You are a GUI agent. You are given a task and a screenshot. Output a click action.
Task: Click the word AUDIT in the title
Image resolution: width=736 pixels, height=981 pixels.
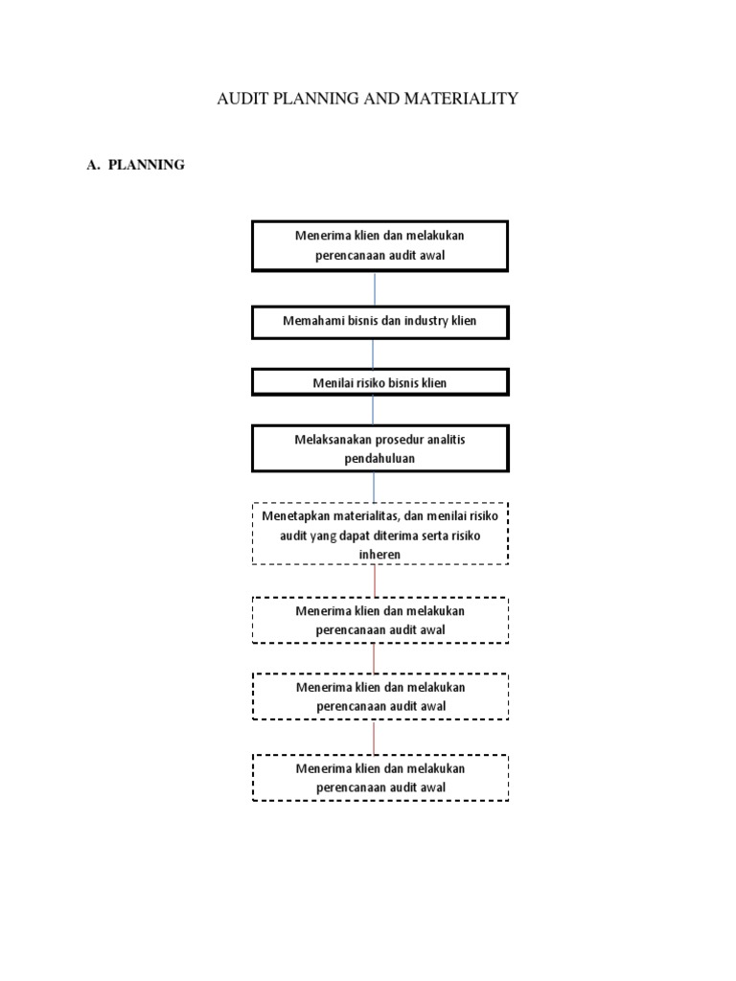tap(241, 98)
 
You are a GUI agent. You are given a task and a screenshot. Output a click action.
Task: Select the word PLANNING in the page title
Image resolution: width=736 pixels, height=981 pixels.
tap(319, 98)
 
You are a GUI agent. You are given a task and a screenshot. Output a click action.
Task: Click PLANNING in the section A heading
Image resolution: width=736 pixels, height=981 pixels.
tap(147, 165)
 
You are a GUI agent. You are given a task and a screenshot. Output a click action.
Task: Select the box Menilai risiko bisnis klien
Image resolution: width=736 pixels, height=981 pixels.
tap(379, 382)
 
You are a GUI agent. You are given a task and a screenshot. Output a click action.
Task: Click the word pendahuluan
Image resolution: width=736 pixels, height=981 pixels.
tap(380, 458)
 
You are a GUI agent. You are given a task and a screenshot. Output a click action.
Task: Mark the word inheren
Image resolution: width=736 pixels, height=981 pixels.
tap(380, 555)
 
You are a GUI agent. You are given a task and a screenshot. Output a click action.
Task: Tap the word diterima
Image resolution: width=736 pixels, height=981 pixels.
tap(396, 536)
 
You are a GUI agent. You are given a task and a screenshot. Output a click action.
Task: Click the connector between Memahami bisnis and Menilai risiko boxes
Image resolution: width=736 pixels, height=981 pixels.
tap(374, 354)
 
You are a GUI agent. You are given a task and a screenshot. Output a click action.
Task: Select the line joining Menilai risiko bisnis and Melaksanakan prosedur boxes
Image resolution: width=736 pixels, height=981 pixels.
tap(374, 410)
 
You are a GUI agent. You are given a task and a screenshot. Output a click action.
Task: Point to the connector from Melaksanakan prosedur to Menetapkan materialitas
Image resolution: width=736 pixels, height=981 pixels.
tap(374, 487)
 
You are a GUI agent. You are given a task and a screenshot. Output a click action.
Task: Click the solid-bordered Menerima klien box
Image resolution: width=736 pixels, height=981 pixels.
tap(379, 245)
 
